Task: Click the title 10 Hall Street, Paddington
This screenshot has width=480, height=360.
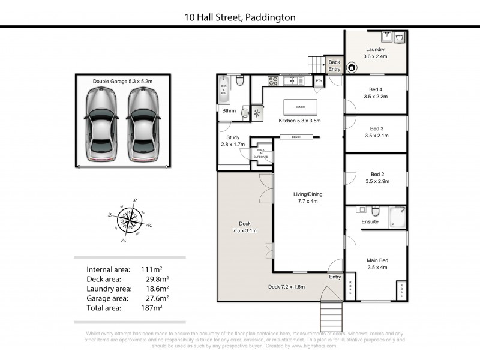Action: coord(240,17)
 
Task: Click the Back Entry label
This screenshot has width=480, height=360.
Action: coord(334,65)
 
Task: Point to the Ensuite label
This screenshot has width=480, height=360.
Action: coord(370,222)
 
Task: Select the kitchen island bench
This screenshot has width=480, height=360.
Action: coord(300,107)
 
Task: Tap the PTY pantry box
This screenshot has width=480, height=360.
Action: coord(319,80)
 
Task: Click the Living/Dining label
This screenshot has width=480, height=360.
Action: coord(305,197)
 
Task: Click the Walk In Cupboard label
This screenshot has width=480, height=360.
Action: coord(261,154)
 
